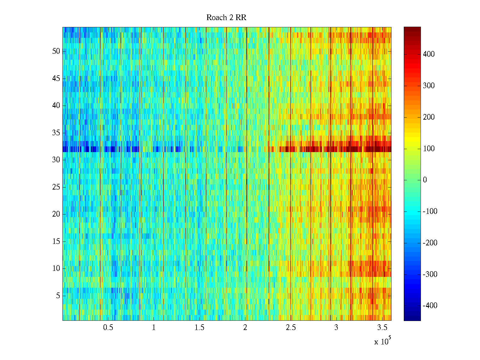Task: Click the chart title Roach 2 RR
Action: click(x=226, y=18)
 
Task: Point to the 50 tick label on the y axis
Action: click(x=56, y=51)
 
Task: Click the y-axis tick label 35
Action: click(x=56, y=133)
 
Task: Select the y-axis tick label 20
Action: click(x=56, y=214)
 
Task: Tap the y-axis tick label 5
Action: click(x=58, y=296)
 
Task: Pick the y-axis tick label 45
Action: click(x=56, y=79)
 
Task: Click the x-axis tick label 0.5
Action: click(x=108, y=328)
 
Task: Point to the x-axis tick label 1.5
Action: click(x=199, y=328)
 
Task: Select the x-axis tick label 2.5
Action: click(x=291, y=328)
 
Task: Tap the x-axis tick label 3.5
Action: click(x=382, y=328)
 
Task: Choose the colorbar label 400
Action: click(x=429, y=54)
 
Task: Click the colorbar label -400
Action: click(x=430, y=306)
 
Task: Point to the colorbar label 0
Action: click(x=425, y=180)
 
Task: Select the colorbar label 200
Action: click(x=429, y=117)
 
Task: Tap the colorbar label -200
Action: click(x=430, y=243)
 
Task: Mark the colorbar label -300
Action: click(x=430, y=274)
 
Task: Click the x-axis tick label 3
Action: click(x=336, y=328)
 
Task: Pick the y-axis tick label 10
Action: click(x=56, y=268)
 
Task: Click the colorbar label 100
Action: click(x=429, y=149)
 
